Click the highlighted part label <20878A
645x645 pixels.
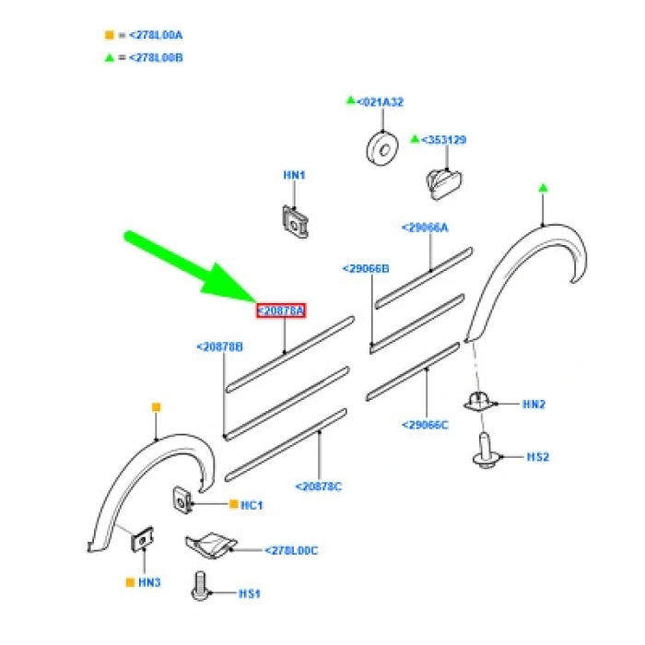[281, 311]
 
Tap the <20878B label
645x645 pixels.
[219, 347]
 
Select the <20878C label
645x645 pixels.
[319, 486]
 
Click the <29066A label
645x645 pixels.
[425, 227]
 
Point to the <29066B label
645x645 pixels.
[366, 269]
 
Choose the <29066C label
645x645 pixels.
[425, 425]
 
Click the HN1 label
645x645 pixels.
[294, 175]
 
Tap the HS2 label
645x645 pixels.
[538, 457]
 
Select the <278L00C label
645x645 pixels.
[291, 550]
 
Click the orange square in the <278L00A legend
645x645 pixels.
[109, 36]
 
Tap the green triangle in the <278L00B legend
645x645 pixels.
[109, 57]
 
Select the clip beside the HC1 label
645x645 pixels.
[182, 500]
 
